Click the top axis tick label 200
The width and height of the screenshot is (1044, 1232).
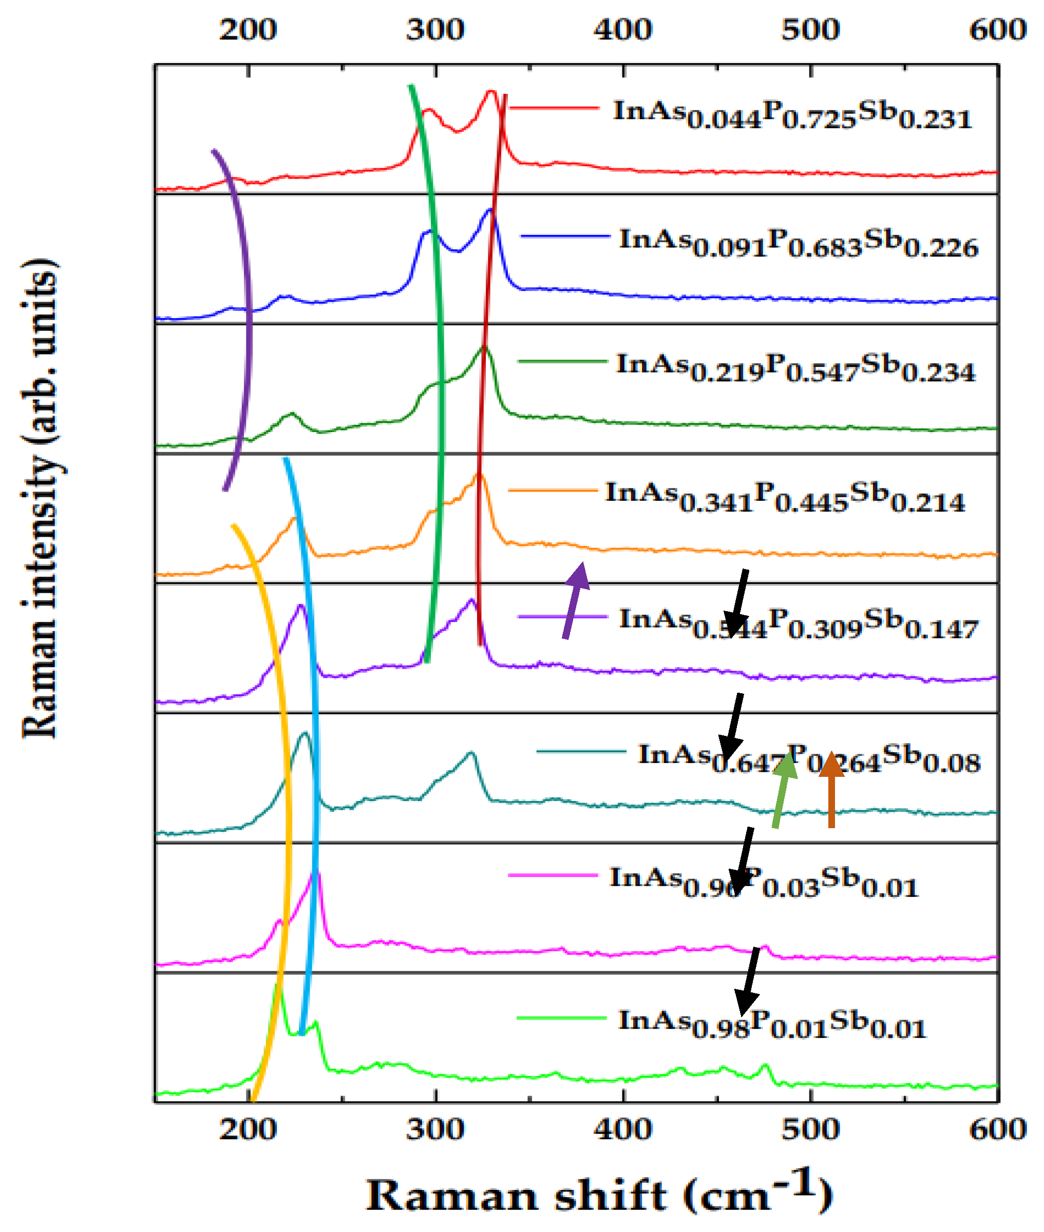coord(248,30)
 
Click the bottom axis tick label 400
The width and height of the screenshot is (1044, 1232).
coord(623,1128)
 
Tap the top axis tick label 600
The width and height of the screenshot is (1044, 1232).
coord(998,30)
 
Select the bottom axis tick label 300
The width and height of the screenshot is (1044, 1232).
coord(435,1128)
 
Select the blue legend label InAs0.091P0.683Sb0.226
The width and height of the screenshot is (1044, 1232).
coord(799,243)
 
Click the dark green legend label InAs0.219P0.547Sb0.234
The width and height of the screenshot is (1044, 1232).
coord(795,368)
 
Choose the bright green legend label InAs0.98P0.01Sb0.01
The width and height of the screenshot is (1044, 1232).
coord(772,1024)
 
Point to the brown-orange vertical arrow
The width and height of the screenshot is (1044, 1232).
coord(831,790)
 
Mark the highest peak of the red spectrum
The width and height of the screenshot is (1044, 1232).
coord(490,91)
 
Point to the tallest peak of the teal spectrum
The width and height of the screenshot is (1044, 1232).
coord(305,733)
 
